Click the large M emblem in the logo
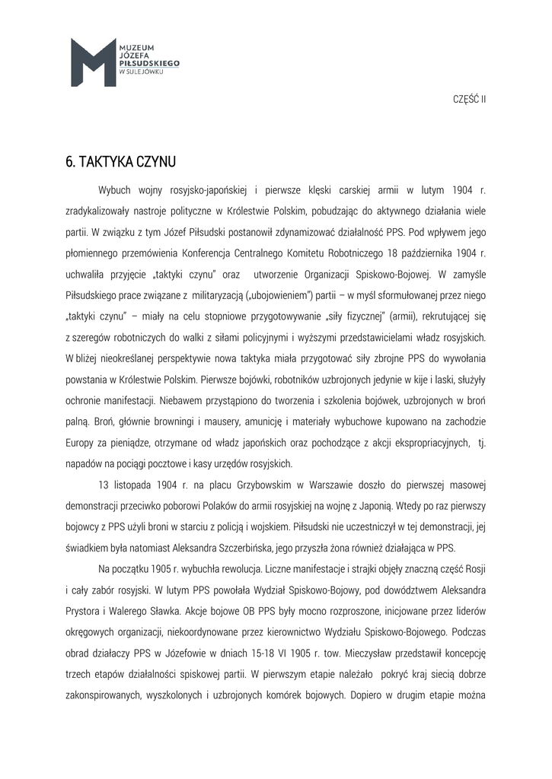(93, 62)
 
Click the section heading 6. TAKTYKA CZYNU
(120, 161)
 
